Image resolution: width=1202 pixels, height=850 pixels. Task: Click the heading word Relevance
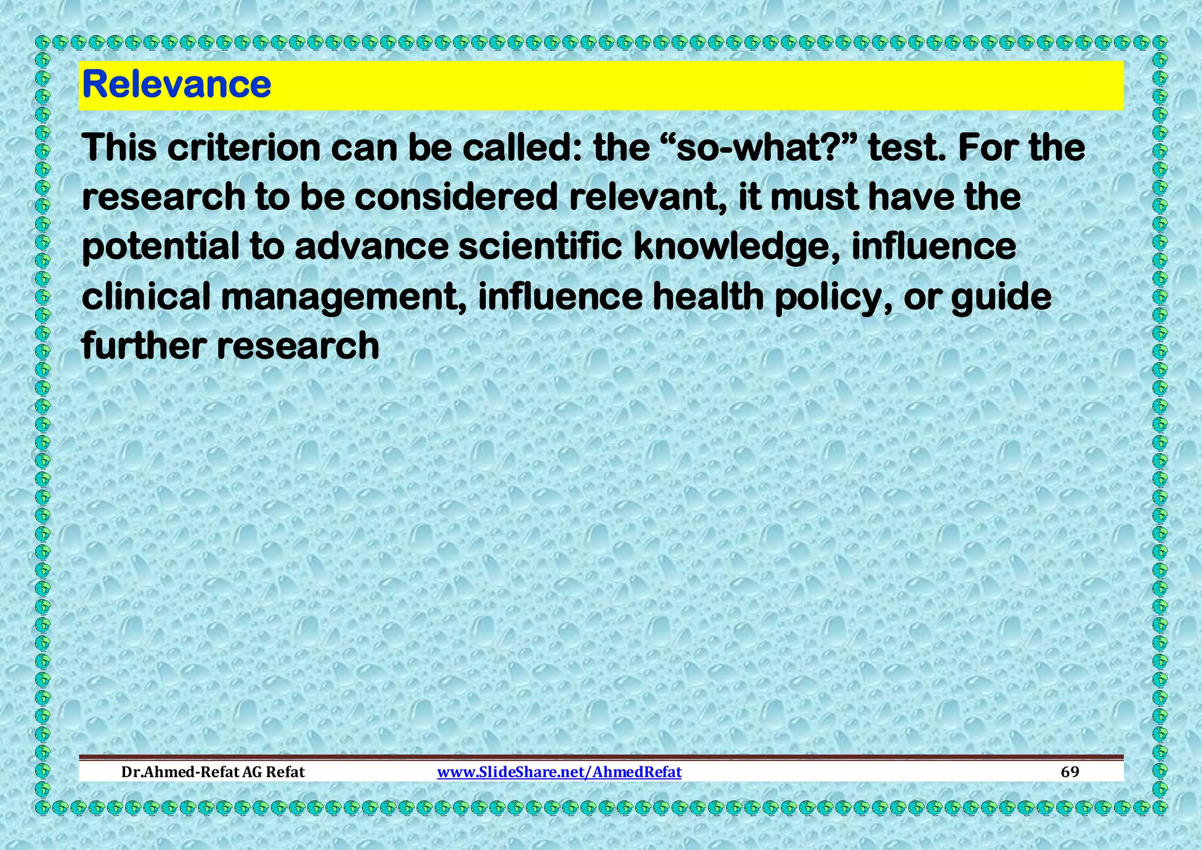[x=177, y=85]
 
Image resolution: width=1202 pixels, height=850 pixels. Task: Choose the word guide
[x=1001, y=296]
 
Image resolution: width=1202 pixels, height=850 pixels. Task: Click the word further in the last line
[x=144, y=346]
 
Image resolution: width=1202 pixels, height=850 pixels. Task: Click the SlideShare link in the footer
[x=559, y=772]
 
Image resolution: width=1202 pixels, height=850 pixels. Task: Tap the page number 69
[x=1070, y=772]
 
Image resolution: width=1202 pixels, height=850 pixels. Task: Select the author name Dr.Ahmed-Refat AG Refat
[x=213, y=772]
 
